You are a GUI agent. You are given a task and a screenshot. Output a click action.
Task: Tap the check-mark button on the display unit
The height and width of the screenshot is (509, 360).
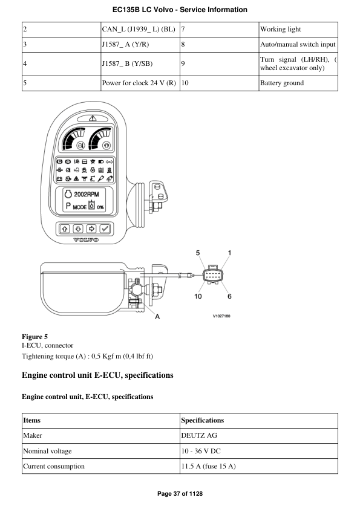[105, 229]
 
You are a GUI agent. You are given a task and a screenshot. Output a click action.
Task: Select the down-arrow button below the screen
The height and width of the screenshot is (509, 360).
[78, 229]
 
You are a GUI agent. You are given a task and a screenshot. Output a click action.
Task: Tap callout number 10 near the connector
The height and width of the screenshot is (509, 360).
[198, 296]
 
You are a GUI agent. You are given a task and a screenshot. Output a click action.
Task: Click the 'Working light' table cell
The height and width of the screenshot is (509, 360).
[280, 29]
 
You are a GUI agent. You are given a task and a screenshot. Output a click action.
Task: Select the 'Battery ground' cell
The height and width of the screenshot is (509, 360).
[282, 83]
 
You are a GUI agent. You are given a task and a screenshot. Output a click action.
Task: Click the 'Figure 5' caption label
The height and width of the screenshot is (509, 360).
[34, 336]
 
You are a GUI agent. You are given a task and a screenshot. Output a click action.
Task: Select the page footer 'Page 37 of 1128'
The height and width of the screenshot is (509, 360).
[180, 494]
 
